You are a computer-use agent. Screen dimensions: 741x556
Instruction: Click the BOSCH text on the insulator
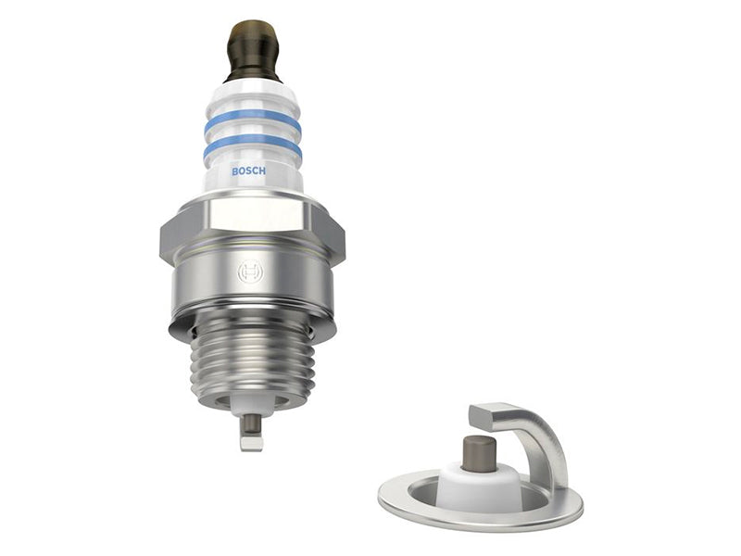tap(248, 171)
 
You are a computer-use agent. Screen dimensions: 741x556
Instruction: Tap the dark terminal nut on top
tap(254, 51)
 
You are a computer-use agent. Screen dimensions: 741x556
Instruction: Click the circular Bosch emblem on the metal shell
tap(250, 272)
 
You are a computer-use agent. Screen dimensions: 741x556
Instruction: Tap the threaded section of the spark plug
tap(252, 364)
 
